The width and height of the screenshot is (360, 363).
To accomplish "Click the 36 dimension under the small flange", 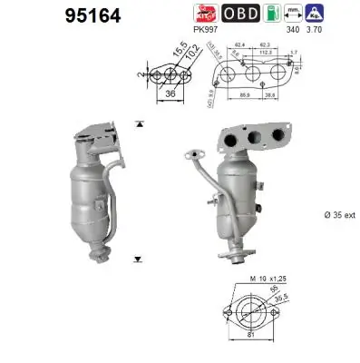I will (x=170, y=91).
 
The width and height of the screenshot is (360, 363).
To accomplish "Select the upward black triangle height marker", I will (x=139, y=122).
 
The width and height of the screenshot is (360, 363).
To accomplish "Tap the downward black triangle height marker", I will (x=139, y=259).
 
